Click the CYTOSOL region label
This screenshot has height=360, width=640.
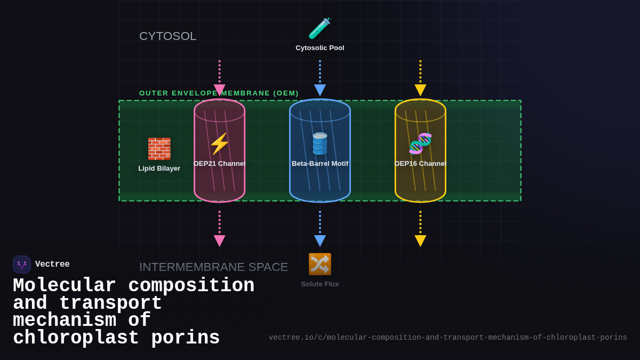[167, 36]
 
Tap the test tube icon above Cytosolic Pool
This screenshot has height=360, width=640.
[319, 28]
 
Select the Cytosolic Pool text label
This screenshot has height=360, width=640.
[319, 48]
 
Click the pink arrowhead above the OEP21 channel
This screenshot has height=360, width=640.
[219, 90]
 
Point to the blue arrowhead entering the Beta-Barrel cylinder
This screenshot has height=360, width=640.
[319, 90]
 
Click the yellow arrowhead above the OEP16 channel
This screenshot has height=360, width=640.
[420, 90]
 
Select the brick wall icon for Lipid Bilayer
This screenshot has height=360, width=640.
[159, 149]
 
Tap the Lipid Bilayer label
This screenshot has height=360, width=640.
[159, 169]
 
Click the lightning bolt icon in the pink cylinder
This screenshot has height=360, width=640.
[219, 144]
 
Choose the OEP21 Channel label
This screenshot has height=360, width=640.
[219, 164]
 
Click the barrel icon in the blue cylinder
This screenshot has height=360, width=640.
[319, 144]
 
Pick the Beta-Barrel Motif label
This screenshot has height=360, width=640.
[319, 164]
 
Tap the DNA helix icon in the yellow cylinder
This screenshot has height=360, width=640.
[420, 143]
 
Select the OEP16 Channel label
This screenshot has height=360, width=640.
[420, 164]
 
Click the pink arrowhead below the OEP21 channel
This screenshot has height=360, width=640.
[219, 241]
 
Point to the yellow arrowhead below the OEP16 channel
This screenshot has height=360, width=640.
[420, 241]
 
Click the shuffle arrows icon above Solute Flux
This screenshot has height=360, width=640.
[319, 264]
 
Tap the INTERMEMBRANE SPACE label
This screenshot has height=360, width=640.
[213, 267]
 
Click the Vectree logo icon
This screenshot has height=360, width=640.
[22, 265]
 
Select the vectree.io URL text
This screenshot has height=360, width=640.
[447, 338]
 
